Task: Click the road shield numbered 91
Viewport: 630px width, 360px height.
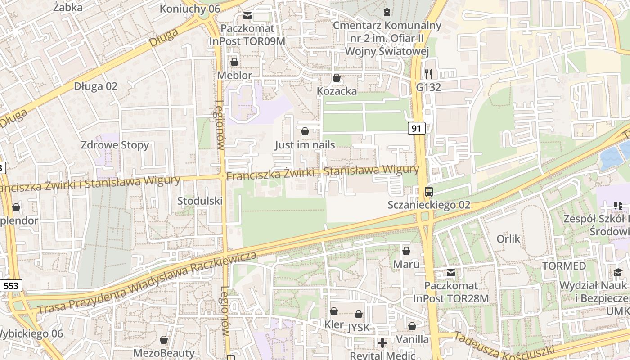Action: pyautogui.click(x=417, y=129)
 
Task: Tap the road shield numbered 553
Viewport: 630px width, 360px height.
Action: pyautogui.click(x=11, y=286)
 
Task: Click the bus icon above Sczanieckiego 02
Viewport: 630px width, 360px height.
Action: pyautogui.click(x=429, y=192)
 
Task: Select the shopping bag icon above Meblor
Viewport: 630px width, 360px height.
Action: pyautogui.click(x=234, y=62)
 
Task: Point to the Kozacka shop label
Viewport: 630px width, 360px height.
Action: pyautogui.click(x=337, y=91)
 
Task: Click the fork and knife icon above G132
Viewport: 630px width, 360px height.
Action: pyautogui.click(x=428, y=74)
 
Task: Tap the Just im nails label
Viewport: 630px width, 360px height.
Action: pyautogui.click(x=305, y=145)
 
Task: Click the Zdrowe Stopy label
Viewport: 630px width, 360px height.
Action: pyautogui.click(x=115, y=145)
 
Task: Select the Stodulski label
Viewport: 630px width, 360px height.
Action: pyautogui.click(x=200, y=201)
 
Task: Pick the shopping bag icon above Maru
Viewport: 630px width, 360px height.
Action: pyautogui.click(x=406, y=251)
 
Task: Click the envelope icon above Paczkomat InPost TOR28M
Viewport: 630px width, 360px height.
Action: pyautogui.click(x=451, y=273)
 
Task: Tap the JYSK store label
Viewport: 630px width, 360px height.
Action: pyautogui.click(x=359, y=328)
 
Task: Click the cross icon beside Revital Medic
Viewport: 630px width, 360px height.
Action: pyautogui.click(x=382, y=343)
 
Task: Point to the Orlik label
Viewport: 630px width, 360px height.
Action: pyautogui.click(x=508, y=239)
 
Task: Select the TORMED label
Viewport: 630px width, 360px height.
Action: pyautogui.click(x=564, y=266)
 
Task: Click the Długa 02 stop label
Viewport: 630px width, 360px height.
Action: pyautogui.click(x=95, y=86)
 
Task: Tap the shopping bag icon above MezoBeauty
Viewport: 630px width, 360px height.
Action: pyautogui.click(x=164, y=340)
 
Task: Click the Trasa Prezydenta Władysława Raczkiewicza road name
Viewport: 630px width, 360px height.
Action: pyautogui.click(x=147, y=283)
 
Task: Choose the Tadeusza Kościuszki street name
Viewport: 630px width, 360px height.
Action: pyautogui.click(x=504, y=346)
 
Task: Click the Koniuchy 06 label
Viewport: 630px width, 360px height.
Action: pyautogui.click(x=189, y=9)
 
